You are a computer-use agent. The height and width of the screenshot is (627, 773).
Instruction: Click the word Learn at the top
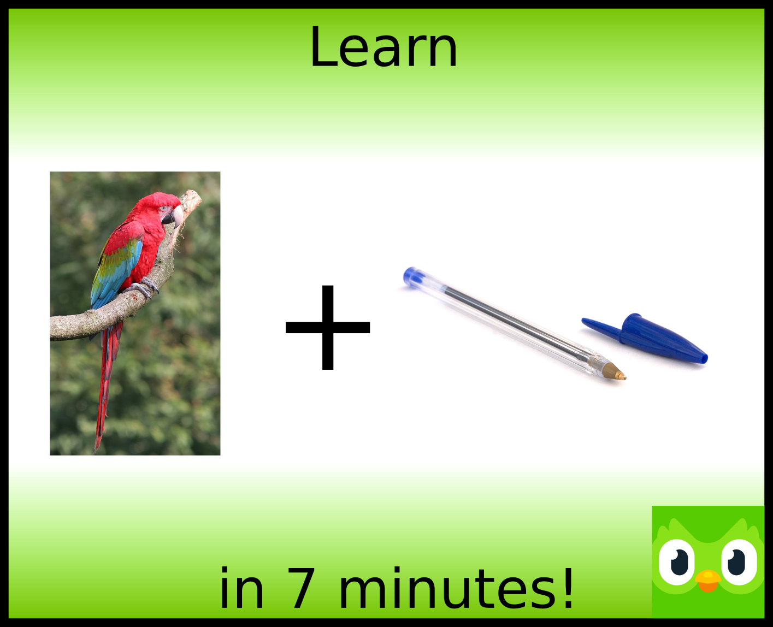point(383,47)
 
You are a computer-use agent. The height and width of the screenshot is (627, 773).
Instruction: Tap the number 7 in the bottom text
point(300,588)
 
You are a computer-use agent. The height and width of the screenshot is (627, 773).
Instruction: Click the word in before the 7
point(241,587)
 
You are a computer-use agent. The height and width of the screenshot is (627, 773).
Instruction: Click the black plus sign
point(328,327)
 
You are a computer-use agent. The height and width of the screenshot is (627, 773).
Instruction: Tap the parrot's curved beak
point(173,217)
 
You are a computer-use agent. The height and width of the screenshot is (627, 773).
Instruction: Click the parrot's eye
point(165,209)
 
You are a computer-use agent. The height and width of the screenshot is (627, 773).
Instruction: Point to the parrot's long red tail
point(107,385)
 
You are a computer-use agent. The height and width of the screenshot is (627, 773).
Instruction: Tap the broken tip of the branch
point(192,198)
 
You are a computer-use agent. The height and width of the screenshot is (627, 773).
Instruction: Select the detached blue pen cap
point(645,339)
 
